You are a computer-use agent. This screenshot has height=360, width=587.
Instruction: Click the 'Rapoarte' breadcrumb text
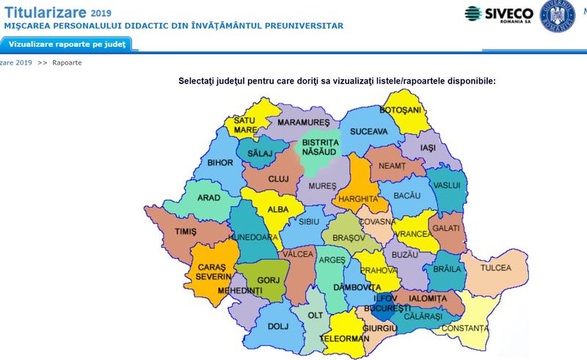(67, 63)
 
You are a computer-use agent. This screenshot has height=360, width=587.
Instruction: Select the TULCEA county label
(495, 268)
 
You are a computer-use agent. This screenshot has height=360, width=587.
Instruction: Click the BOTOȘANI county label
(401, 110)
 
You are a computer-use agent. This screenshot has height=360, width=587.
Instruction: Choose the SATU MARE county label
(245, 125)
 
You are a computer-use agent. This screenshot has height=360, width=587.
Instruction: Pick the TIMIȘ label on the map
(186, 232)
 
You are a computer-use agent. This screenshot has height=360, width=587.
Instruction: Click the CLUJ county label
(278, 178)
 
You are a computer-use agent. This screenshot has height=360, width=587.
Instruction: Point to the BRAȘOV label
(349, 238)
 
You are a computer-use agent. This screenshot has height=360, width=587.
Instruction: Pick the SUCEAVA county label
(368, 132)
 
